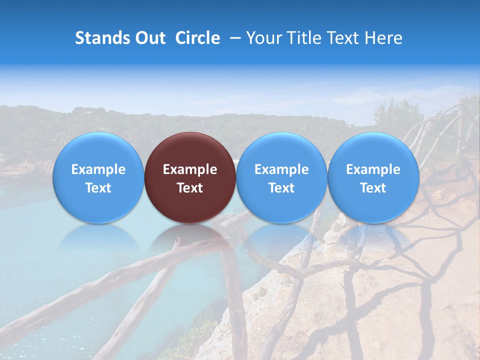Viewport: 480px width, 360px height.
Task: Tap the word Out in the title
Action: (x=148, y=38)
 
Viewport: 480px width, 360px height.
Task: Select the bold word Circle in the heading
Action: (x=197, y=38)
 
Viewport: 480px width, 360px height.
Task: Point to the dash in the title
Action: (x=234, y=38)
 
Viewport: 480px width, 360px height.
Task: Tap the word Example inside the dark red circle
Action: (x=190, y=169)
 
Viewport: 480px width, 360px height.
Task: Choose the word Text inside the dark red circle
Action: (x=190, y=188)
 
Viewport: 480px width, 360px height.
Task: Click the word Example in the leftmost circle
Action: (x=98, y=169)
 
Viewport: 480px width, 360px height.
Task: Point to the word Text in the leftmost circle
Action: (x=98, y=188)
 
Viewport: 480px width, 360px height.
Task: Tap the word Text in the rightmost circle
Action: (x=373, y=188)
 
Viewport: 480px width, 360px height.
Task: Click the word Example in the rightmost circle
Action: (x=373, y=169)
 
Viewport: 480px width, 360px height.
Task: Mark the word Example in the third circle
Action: (x=281, y=169)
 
